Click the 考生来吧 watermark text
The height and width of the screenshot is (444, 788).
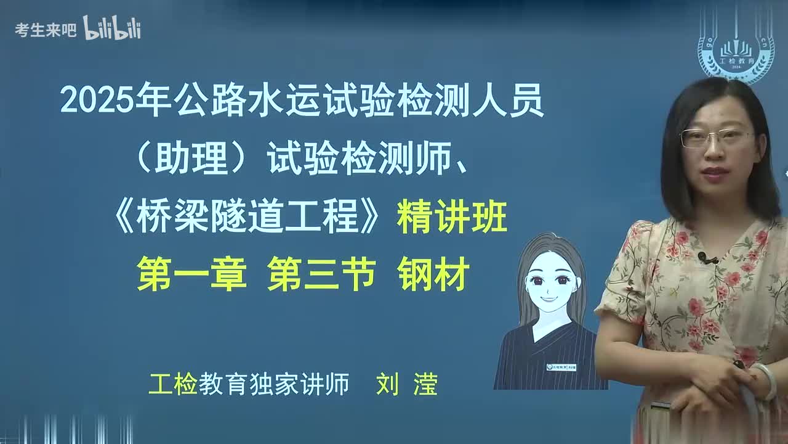[45, 30]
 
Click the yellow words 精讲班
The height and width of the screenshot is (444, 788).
[452, 219]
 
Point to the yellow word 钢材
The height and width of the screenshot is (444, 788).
[433, 274]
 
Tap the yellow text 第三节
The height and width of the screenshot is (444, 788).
[322, 274]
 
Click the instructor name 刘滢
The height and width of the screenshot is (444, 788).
[407, 385]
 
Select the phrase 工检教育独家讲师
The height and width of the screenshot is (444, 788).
[249, 385]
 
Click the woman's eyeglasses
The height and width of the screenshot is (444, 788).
[716, 138]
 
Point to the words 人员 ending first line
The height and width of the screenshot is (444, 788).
[516, 101]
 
